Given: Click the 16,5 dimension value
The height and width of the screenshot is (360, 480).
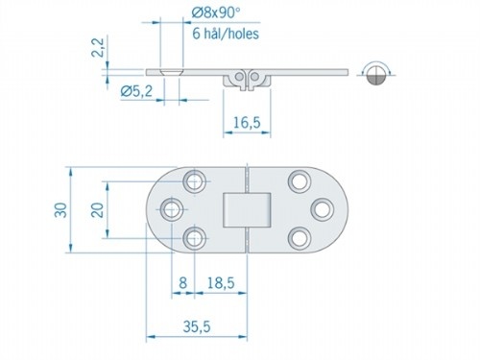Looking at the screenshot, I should (249, 122).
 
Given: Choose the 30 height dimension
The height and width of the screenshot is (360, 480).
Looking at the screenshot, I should (59, 208).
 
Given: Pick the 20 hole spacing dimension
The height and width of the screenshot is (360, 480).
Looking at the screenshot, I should (96, 208).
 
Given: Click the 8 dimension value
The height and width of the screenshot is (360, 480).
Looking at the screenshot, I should (183, 284).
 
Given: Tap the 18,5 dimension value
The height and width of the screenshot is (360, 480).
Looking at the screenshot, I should (222, 284).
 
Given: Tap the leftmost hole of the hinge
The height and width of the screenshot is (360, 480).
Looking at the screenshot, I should (174, 207).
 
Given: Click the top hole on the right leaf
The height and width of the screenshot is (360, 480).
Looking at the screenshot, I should (300, 180).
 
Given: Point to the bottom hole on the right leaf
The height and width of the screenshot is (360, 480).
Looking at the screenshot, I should (300, 236).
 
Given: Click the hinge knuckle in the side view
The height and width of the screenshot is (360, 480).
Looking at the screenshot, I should (244, 79).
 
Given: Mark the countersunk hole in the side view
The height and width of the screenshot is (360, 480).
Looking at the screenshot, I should (170, 71).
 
